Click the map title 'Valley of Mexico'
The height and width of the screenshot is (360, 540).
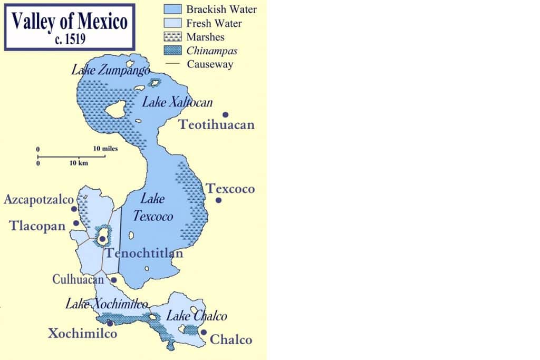(x=69, y=22)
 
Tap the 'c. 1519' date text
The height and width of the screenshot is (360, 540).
(x=70, y=39)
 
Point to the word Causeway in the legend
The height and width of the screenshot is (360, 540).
(x=210, y=64)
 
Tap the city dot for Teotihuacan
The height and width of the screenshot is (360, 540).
(x=225, y=114)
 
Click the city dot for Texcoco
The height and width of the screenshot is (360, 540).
(x=218, y=200)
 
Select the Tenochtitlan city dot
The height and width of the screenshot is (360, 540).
(x=102, y=239)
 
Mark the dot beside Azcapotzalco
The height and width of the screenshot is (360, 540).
(x=74, y=209)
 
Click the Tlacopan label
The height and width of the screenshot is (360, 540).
(x=37, y=226)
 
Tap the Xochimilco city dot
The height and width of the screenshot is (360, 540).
(x=110, y=323)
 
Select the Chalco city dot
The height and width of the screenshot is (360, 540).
(x=203, y=332)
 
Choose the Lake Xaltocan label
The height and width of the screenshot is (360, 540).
(x=177, y=102)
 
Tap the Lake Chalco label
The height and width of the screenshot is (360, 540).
(x=197, y=316)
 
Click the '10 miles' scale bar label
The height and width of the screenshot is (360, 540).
(x=105, y=149)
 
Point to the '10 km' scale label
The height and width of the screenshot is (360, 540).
(x=79, y=163)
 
